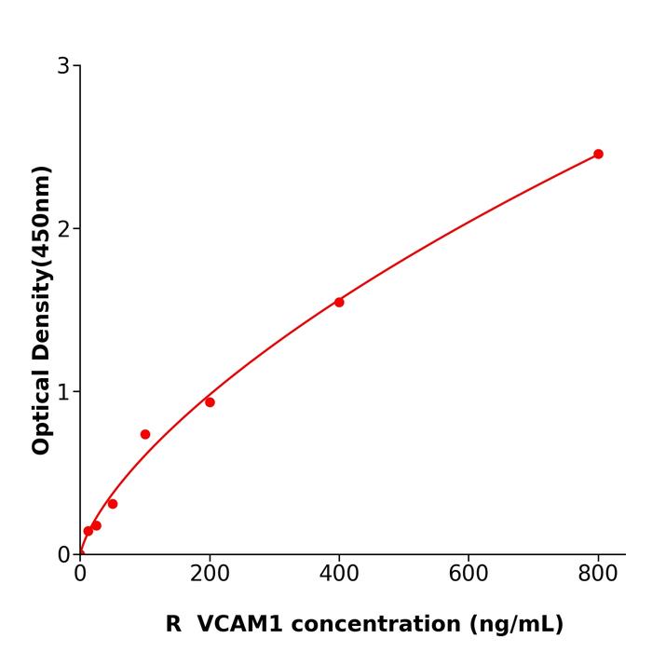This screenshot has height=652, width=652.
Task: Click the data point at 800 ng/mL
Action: (598, 154)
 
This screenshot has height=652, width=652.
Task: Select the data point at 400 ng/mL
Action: (339, 302)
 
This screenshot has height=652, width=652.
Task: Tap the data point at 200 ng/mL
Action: (210, 402)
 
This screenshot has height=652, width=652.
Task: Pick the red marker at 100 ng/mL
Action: (145, 434)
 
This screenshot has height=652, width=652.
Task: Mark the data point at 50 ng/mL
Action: (113, 504)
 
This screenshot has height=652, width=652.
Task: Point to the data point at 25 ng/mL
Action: (96, 525)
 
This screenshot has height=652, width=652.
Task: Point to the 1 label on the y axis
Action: (63, 392)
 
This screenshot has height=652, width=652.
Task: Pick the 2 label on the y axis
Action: (63, 229)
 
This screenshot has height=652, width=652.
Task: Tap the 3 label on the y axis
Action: (63, 66)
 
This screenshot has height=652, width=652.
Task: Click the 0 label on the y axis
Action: (63, 555)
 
